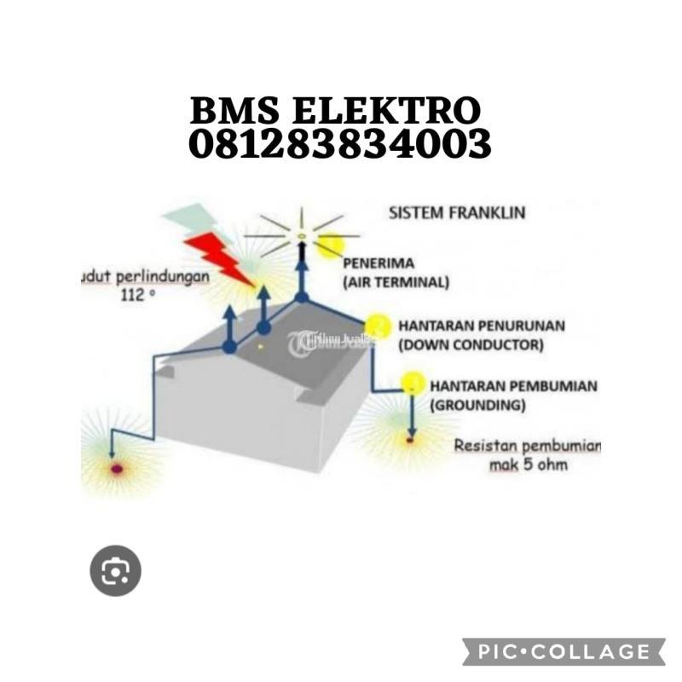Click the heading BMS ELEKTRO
[x=335, y=112]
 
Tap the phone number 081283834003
[x=339, y=144]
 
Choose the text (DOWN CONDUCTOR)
[x=471, y=344]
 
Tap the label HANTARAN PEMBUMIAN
[x=513, y=386]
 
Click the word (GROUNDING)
[x=477, y=406]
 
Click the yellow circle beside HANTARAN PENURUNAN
[x=378, y=327]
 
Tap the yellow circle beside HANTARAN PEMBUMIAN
[x=413, y=384]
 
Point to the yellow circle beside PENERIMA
[x=331, y=247]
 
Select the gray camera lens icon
[x=115, y=570]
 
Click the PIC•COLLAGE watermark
[x=564, y=652]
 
